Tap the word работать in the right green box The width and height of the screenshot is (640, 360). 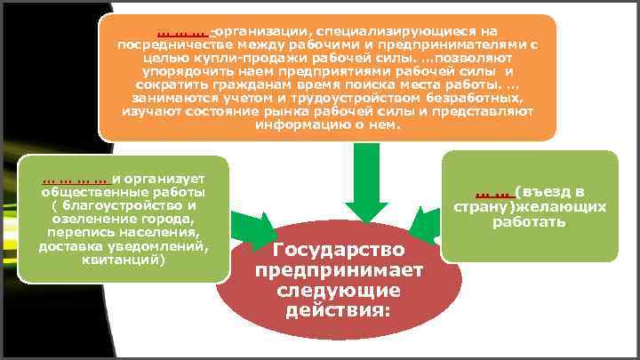529,221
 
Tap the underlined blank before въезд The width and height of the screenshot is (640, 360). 491,191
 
